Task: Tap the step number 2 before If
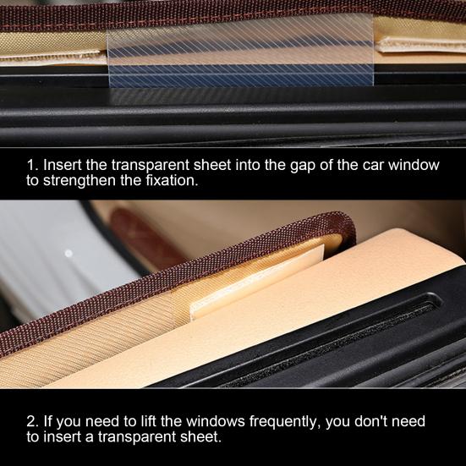[30, 421]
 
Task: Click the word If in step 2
[47, 421]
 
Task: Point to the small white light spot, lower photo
[69, 253]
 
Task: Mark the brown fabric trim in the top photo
[233, 8]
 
